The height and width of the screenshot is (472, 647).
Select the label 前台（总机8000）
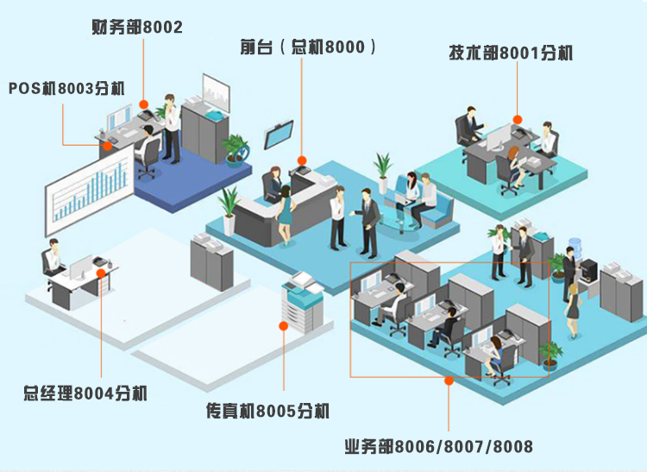click(308, 47)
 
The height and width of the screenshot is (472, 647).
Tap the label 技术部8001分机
click(510, 53)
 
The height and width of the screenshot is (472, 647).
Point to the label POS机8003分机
click(66, 89)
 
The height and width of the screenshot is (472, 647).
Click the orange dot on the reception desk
click(303, 160)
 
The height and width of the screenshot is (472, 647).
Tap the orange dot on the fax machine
click(282, 325)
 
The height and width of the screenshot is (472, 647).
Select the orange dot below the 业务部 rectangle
click(448, 380)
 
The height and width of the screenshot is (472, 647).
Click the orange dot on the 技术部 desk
click(518, 119)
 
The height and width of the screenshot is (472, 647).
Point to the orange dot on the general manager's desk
click(102, 274)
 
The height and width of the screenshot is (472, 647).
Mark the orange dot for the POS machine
click(107, 145)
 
